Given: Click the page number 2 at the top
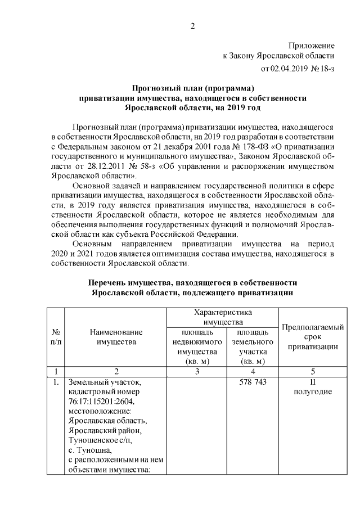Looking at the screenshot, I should (x=192, y=26).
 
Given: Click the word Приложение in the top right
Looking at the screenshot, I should (x=312, y=45).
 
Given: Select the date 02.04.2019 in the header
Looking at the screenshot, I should (x=289, y=69).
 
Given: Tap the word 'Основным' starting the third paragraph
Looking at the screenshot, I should (x=91, y=245).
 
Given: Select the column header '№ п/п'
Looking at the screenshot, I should (x=56, y=337).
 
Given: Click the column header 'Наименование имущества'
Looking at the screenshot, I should (x=116, y=337).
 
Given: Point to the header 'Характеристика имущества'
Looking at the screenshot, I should (x=222, y=317).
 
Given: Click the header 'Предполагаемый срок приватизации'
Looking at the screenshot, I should (x=313, y=337).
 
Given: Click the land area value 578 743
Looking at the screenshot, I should (x=250, y=382).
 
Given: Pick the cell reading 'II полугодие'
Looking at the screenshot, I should (x=313, y=387).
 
